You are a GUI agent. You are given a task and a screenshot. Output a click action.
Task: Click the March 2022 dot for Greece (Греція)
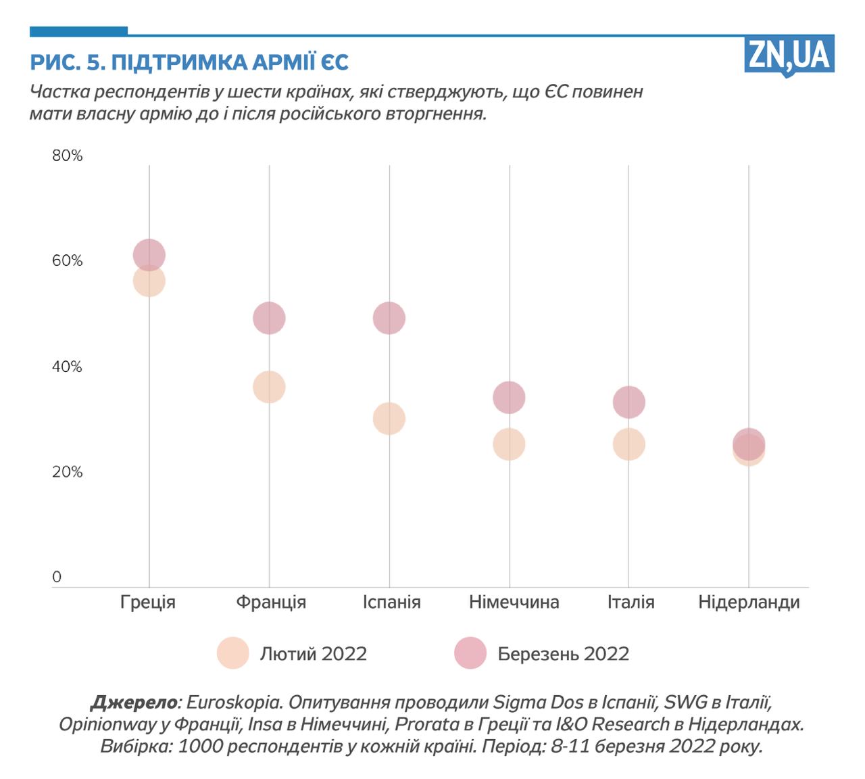(149, 255)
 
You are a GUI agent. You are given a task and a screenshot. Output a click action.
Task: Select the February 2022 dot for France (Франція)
(269, 387)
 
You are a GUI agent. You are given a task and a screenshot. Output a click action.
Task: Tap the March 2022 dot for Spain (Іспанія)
(389, 318)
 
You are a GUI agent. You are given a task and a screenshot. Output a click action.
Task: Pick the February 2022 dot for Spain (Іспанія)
(389, 419)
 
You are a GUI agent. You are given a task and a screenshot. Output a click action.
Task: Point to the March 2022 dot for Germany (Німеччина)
(509, 397)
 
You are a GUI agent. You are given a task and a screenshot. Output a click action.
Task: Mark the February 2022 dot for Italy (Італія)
(628, 444)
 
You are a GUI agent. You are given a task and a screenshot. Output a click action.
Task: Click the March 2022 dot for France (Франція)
(269, 318)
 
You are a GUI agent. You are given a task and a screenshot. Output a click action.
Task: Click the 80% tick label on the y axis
(67, 156)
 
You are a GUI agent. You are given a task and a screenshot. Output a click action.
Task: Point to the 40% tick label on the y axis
(67, 367)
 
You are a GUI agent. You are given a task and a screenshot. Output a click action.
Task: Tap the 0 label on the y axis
(57, 577)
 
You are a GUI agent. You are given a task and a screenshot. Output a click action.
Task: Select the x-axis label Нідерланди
(749, 602)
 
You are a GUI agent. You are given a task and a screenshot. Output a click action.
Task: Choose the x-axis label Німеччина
(514, 602)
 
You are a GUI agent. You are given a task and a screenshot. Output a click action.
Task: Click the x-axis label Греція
(148, 602)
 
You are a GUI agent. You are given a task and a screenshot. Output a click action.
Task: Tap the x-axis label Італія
(631, 602)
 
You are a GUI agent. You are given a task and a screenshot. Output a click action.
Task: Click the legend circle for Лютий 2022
(233, 653)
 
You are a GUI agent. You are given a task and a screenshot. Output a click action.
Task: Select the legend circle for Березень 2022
(470, 653)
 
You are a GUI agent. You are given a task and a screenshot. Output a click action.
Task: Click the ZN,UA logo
(789, 55)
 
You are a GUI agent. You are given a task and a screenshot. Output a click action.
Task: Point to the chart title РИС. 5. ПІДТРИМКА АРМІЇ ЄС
(189, 62)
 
